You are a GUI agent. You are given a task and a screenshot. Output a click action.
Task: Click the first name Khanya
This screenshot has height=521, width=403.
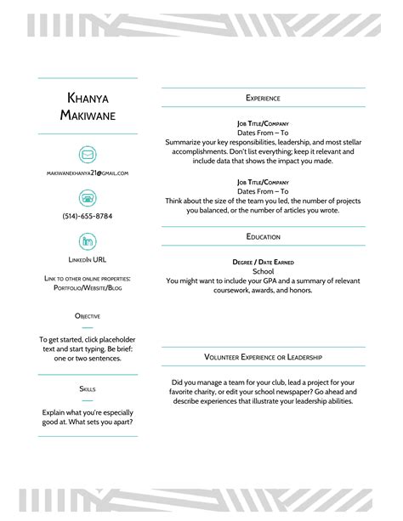(x=88, y=97)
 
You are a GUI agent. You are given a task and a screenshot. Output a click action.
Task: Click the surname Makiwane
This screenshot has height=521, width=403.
(x=88, y=115)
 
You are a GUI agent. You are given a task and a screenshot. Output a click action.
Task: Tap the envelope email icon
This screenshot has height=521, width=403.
(x=88, y=154)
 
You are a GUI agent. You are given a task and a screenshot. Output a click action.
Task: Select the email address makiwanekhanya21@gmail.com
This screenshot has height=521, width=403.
(x=88, y=173)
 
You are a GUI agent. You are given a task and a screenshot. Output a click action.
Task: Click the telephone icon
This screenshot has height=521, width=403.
(x=88, y=197)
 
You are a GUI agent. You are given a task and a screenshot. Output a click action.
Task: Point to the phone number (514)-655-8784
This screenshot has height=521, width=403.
(x=88, y=216)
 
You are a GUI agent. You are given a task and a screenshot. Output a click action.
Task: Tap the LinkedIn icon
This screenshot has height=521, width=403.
(x=88, y=241)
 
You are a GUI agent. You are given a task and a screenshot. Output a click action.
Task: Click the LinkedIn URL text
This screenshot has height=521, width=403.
(x=88, y=258)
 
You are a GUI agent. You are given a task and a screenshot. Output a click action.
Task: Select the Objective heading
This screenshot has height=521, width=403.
(x=88, y=316)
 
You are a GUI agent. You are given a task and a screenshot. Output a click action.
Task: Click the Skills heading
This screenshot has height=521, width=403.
(x=88, y=388)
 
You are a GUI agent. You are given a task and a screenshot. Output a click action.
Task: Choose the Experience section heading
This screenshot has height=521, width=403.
(x=263, y=98)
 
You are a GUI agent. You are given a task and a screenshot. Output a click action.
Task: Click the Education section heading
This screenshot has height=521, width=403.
(x=263, y=236)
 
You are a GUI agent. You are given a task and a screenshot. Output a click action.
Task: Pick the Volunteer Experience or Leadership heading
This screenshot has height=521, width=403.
(x=263, y=357)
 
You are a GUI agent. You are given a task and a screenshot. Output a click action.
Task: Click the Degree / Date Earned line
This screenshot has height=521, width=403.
(x=263, y=262)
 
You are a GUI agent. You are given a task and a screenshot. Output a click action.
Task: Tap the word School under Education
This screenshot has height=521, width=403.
(x=263, y=271)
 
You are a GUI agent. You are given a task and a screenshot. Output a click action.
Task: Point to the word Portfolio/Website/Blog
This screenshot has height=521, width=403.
(x=88, y=288)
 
